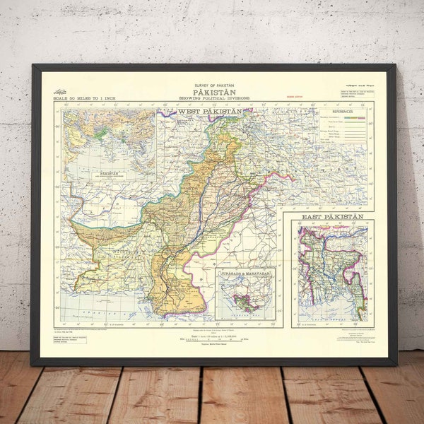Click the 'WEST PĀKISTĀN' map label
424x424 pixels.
pyautogui.click(x=210, y=112)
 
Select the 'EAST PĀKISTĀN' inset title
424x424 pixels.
pyautogui.click(x=332, y=216)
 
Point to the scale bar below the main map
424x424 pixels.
pyautogui.click(x=212, y=338)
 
